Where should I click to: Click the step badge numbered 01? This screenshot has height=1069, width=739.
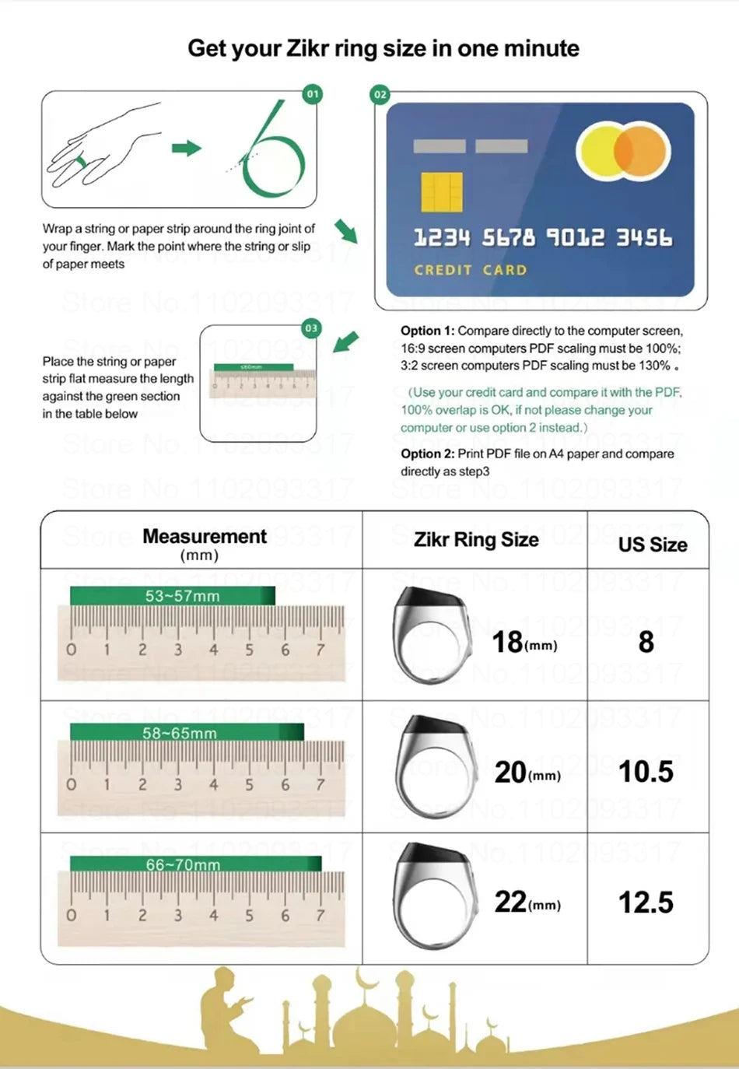[313, 94]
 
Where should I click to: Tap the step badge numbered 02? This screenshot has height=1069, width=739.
[380, 95]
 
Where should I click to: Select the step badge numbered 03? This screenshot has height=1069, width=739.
[311, 328]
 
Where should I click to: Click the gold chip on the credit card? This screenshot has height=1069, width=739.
[441, 192]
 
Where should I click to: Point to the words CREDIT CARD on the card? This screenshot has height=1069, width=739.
[470, 270]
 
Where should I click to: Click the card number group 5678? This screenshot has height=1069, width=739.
[508, 237]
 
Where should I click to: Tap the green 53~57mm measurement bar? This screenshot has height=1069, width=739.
[172, 596]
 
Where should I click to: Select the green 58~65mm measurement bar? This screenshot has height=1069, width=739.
[186, 732]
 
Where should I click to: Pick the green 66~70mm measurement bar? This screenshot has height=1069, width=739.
[195, 864]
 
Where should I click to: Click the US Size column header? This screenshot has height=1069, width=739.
[652, 545]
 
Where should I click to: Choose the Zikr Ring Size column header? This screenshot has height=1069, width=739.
[476, 540]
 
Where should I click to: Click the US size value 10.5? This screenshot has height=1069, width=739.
[646, 771]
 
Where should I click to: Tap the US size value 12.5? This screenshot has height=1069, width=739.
[646, 903]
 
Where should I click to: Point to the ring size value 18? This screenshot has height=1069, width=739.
[507, 642]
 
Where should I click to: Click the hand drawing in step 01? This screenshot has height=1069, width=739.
[101, 148]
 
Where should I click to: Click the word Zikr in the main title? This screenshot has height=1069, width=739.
[307, 48]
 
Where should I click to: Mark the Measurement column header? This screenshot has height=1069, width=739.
[204, 537]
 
